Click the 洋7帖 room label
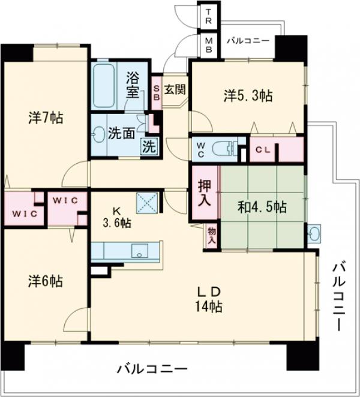45,117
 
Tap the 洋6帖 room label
45,281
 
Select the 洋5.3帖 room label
248,95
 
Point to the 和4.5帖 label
262,207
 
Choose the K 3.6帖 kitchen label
116,216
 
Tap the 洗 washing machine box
147,145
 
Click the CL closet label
262,149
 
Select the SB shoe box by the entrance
156,93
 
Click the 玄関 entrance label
175,89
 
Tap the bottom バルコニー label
152,368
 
